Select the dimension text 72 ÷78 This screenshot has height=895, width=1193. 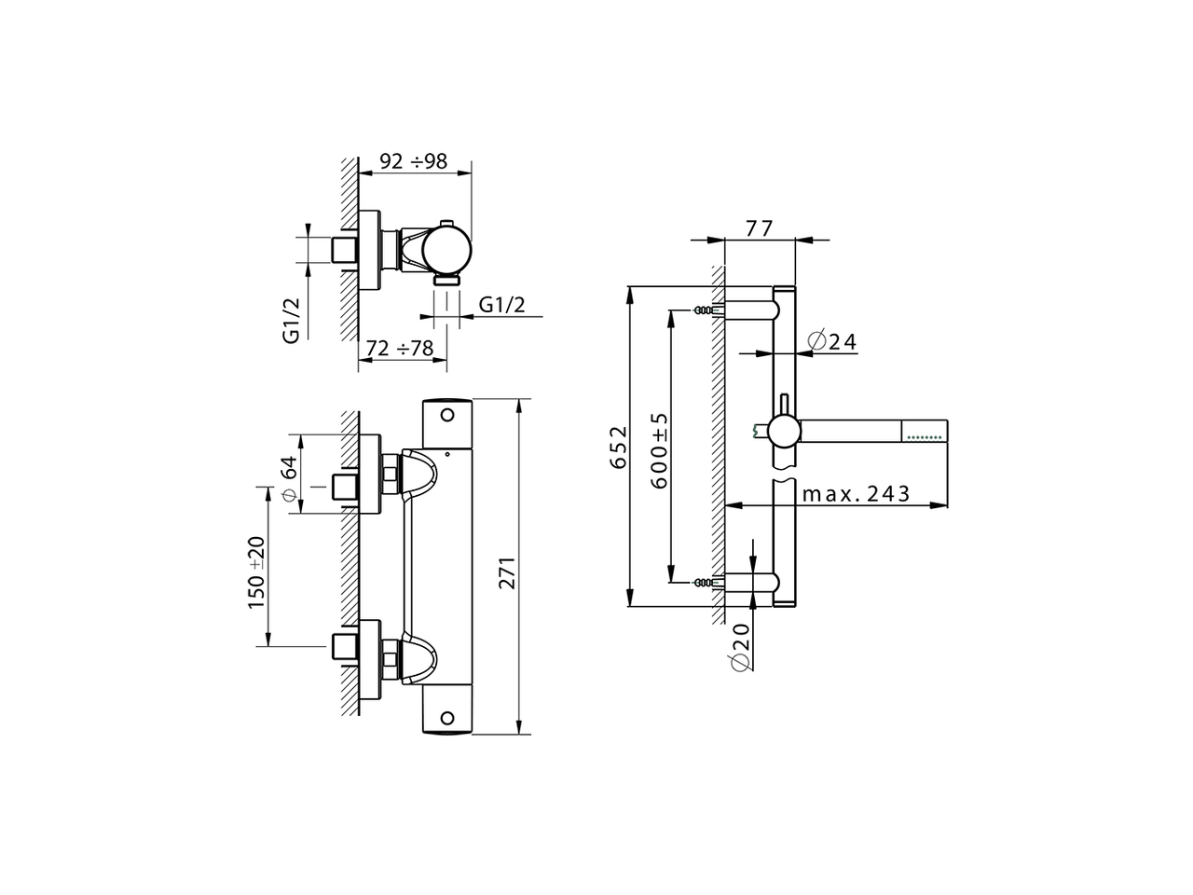400,349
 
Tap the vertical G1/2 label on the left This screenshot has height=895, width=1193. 291,321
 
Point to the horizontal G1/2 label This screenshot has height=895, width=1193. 502,305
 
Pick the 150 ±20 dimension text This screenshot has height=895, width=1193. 257,573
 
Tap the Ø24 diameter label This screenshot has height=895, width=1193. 832,341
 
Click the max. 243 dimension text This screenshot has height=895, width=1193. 856,494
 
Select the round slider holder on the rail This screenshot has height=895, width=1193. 782,431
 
